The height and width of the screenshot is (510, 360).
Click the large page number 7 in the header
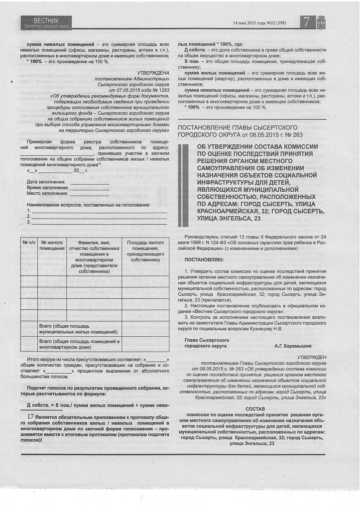306,22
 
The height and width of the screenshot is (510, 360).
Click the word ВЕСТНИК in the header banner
46,20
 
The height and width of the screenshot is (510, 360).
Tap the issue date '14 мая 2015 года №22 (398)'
259,23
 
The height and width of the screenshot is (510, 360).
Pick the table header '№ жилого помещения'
52,245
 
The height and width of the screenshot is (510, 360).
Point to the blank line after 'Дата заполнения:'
90,183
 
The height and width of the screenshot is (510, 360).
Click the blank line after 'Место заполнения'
90,193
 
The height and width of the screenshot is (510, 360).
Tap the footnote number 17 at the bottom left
30,416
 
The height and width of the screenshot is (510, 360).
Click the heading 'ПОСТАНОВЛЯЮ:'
204,259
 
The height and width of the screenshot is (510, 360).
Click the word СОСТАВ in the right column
255,409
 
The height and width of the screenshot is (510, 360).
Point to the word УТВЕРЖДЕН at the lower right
312,358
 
